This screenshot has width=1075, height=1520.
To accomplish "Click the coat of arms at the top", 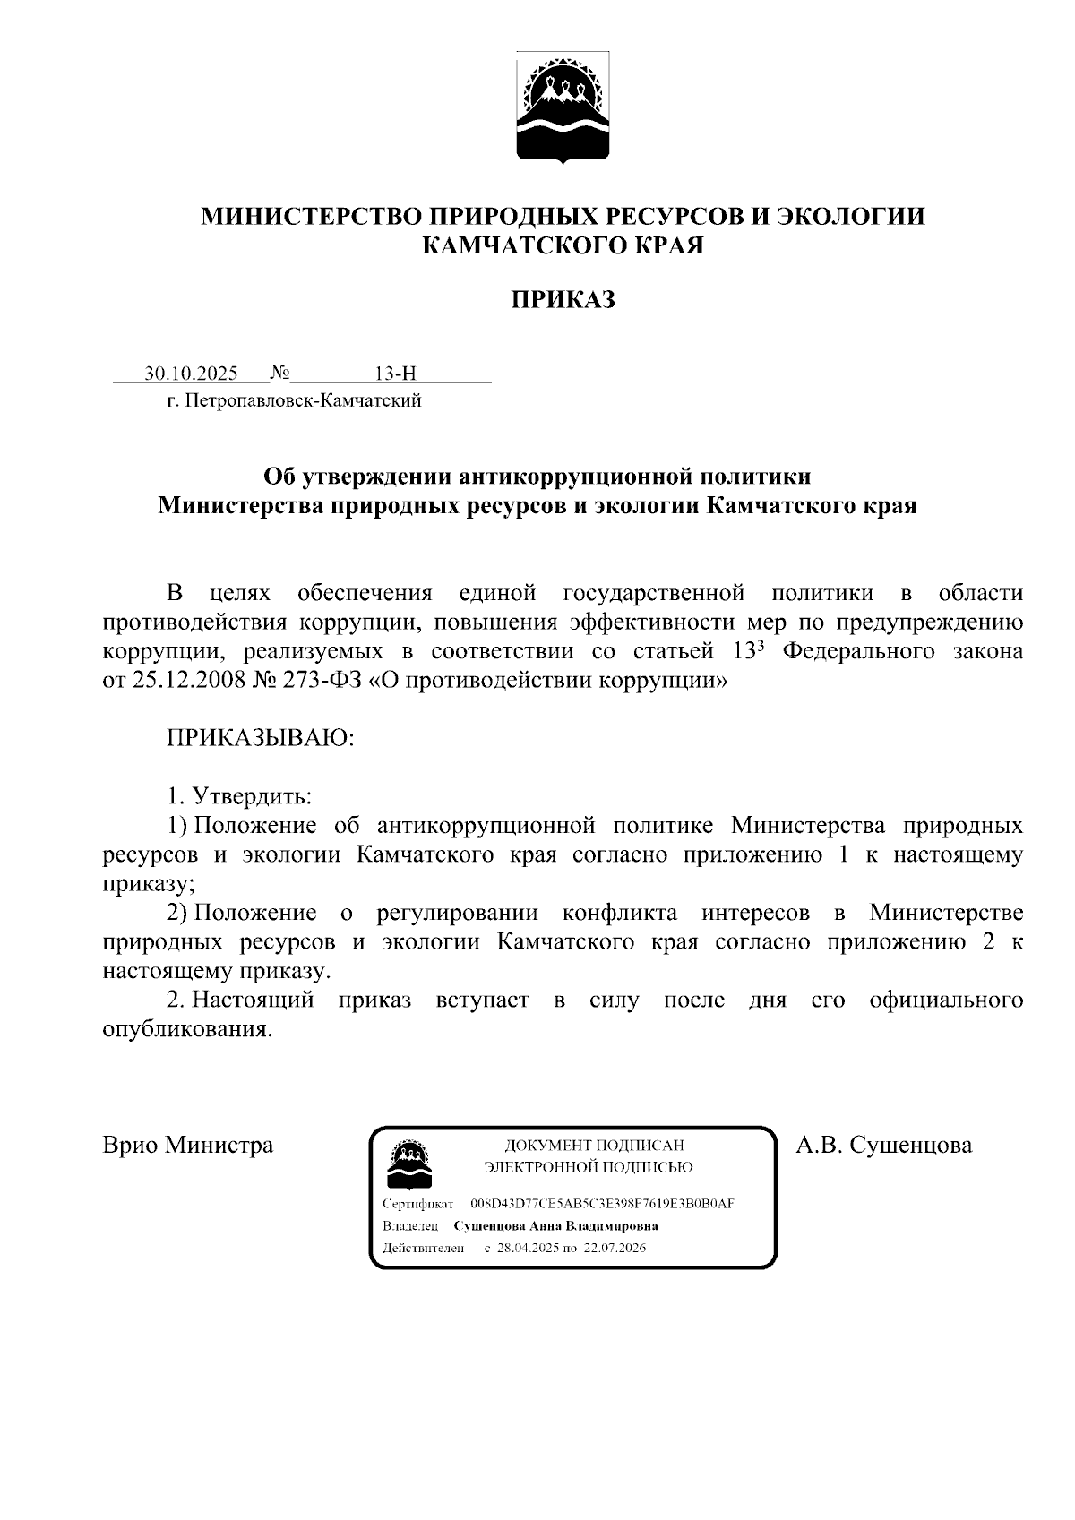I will [563, 107].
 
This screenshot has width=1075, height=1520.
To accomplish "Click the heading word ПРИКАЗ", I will [563, 299].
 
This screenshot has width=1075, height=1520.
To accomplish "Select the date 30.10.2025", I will [191, 374].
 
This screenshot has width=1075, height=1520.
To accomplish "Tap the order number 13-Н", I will [396, 374].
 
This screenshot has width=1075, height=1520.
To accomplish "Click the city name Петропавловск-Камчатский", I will [302, 400].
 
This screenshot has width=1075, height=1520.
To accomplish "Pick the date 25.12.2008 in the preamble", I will [189, 680].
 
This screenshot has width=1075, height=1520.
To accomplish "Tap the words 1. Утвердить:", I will [239, 795].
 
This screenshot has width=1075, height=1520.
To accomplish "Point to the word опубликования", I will [187, 1029].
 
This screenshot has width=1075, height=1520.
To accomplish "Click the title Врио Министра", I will [188, 1145].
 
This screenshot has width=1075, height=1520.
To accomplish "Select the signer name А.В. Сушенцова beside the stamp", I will [883, 1145].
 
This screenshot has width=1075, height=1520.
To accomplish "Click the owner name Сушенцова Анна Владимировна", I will [556, 1226].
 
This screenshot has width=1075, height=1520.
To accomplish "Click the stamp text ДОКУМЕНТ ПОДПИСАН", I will [594, 1146].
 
